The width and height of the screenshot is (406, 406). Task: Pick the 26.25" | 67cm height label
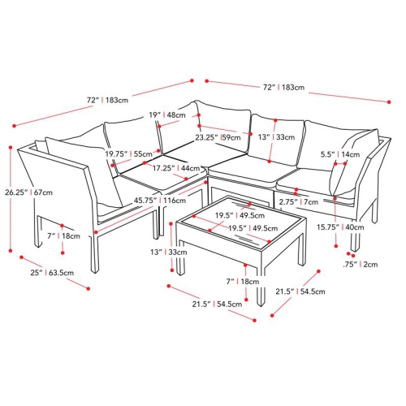[28, 193]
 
